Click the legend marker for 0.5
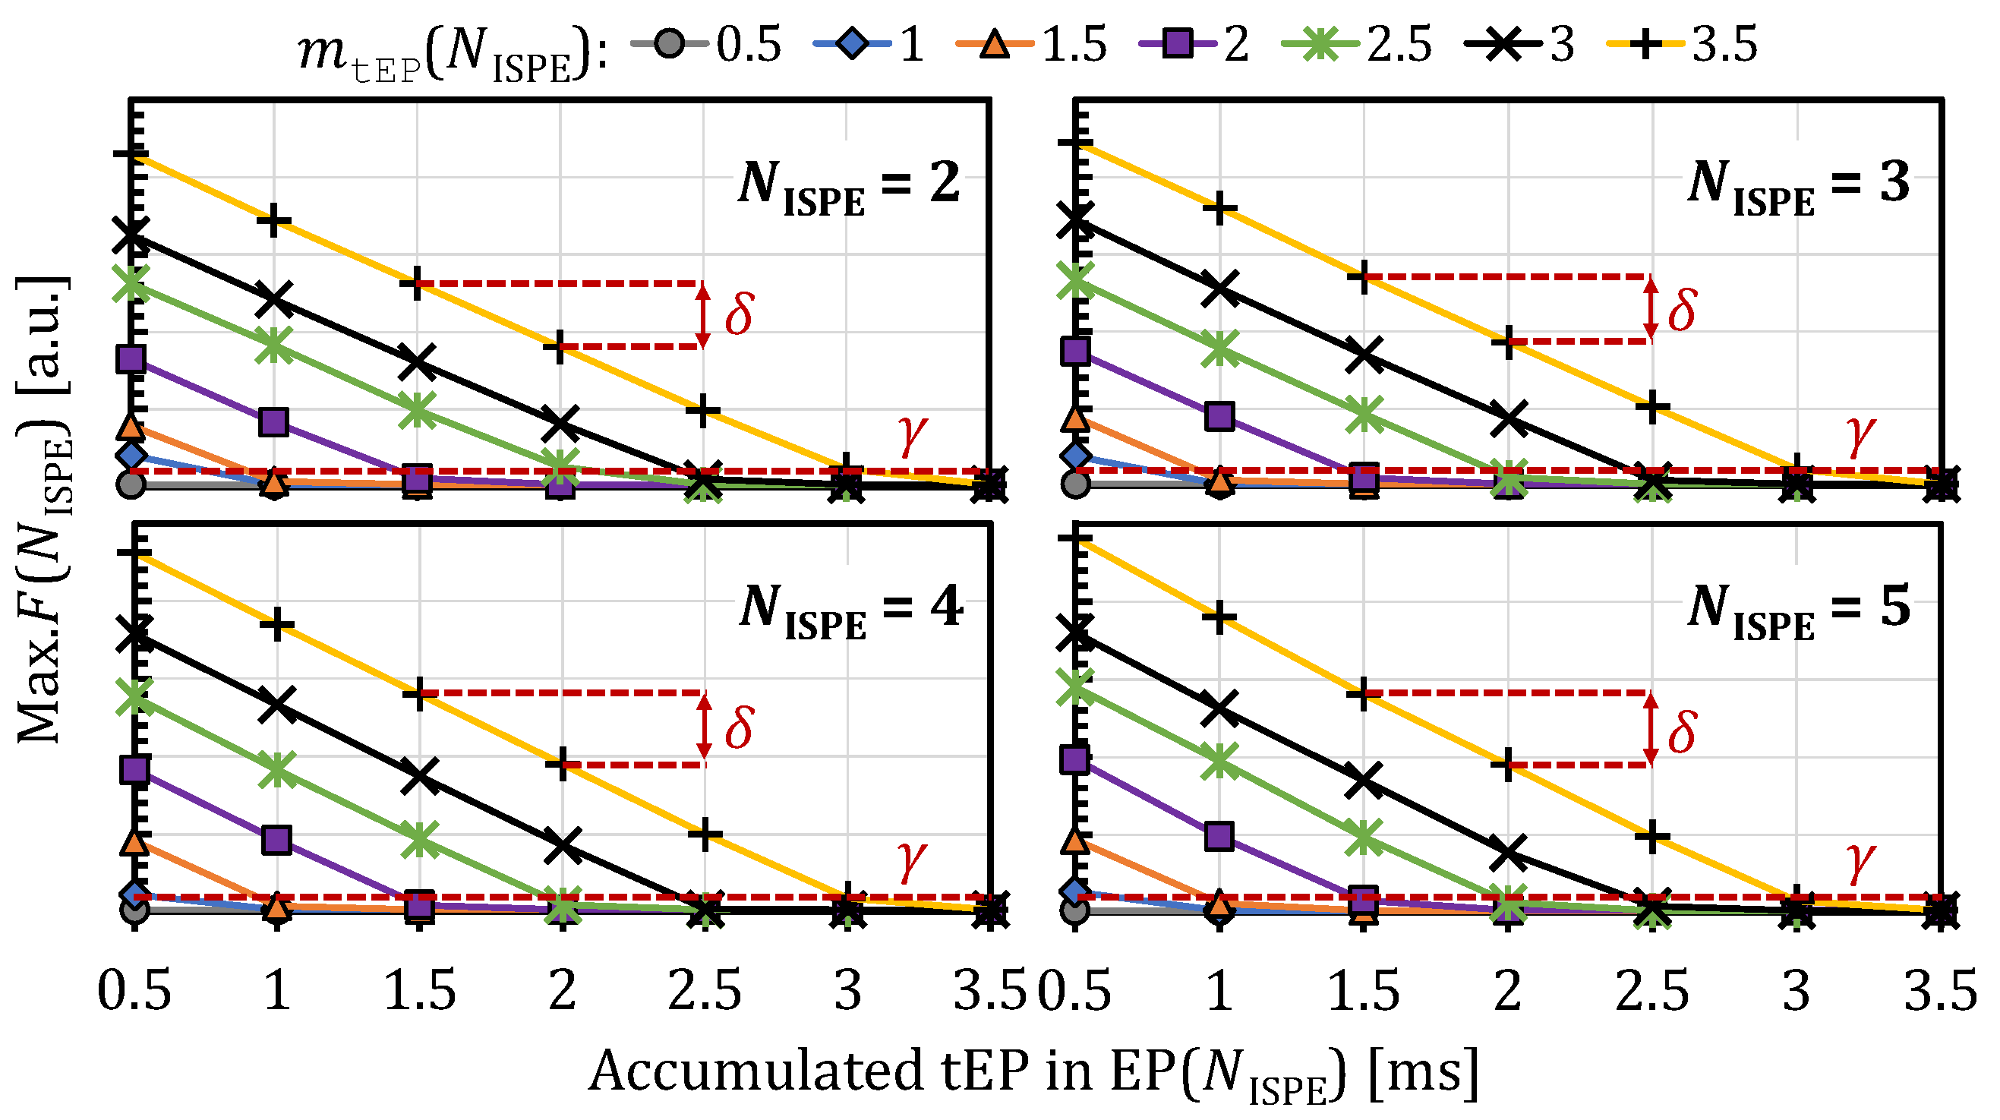[x=668, y=43]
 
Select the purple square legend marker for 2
[x=1175, y=43]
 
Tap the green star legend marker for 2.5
[x=1319, y=43]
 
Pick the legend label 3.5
[x=1724, y=45]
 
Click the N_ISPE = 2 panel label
[x=849, y=187]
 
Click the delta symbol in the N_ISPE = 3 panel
[x=1682, y=311]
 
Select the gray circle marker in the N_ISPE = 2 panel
[x=131, y=484]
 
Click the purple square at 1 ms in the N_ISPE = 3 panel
[x=1219, y=416]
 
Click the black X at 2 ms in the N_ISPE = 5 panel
[x=1508, y=852]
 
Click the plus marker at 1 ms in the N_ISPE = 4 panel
[x=277, y=624]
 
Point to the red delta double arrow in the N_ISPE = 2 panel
[x=702, y=315]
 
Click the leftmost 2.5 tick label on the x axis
[x=704, y=991]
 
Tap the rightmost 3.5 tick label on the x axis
[x=1940, y=991]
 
